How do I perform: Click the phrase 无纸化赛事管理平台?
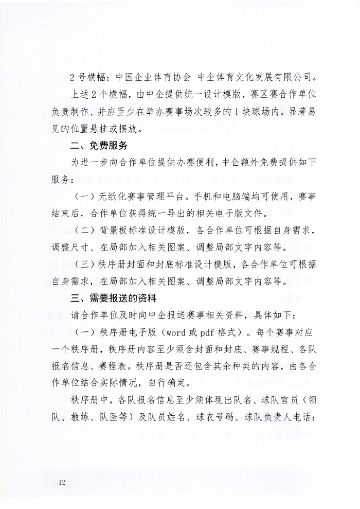point(141,197)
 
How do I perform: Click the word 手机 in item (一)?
point(223,197)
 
